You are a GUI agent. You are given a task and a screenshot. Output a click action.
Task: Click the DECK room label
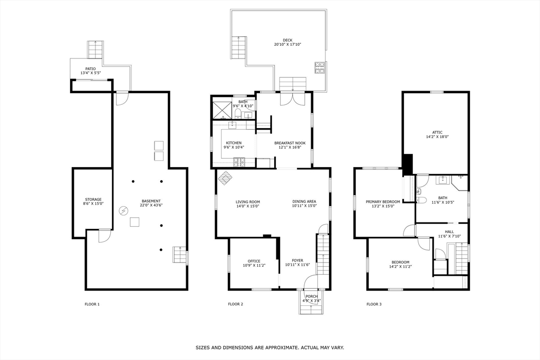coord(287,40)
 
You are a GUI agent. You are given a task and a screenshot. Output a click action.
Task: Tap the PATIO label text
coord(91,69)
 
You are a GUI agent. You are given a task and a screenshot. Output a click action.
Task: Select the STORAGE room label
coord(93,200)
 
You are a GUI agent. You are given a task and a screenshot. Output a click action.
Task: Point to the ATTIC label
coord(437,132)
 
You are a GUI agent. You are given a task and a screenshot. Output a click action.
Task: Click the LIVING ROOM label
coord(248,202)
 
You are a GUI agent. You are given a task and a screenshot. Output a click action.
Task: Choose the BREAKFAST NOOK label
coord(290,143)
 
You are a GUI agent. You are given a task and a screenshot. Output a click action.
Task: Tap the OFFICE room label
coord(254,261)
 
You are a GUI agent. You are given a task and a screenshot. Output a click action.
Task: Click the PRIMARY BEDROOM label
coord(383,202)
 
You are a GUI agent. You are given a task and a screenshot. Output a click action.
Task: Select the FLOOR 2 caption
coord(236,304)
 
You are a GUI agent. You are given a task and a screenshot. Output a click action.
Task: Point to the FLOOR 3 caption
coord(374,304)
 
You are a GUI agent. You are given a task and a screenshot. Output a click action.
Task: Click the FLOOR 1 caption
coord(92,304)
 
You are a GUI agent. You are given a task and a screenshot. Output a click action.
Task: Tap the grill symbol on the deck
coord(319,68)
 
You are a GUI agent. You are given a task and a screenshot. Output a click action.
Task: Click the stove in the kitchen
coord(239,162)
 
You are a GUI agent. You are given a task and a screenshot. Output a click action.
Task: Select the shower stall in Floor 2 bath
coord(222,110)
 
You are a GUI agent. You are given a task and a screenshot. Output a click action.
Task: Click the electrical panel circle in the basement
coord(123,210)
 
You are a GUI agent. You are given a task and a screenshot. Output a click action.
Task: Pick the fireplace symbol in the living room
coord(225,178)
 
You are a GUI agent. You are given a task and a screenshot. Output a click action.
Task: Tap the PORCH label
coord(312,297)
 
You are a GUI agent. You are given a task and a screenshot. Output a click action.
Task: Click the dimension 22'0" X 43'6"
coord(151,205)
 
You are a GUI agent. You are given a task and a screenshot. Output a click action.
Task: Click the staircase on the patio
coord(95,50)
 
